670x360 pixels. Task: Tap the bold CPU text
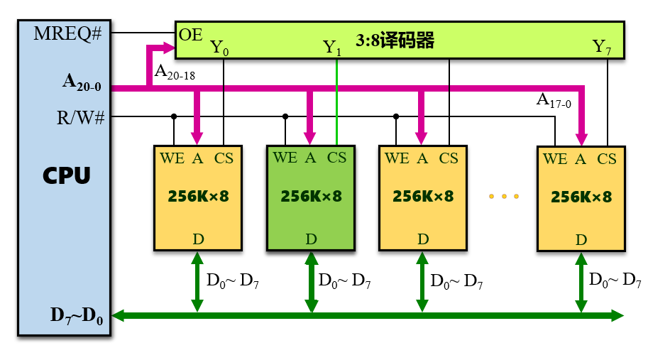pos(66,175)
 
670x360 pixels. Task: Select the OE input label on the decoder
pos(190,34)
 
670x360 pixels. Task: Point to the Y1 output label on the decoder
pos(332,48)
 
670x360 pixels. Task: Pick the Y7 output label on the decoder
pos(603,48)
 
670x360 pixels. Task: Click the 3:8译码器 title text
pos(397,40)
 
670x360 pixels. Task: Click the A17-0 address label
pos(553,102)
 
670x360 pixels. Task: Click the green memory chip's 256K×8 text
pos(311,196)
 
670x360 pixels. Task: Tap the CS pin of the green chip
pos(336,158)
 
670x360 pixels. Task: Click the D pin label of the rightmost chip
pos(581,240)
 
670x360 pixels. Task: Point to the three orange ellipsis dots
pos(504,196)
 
